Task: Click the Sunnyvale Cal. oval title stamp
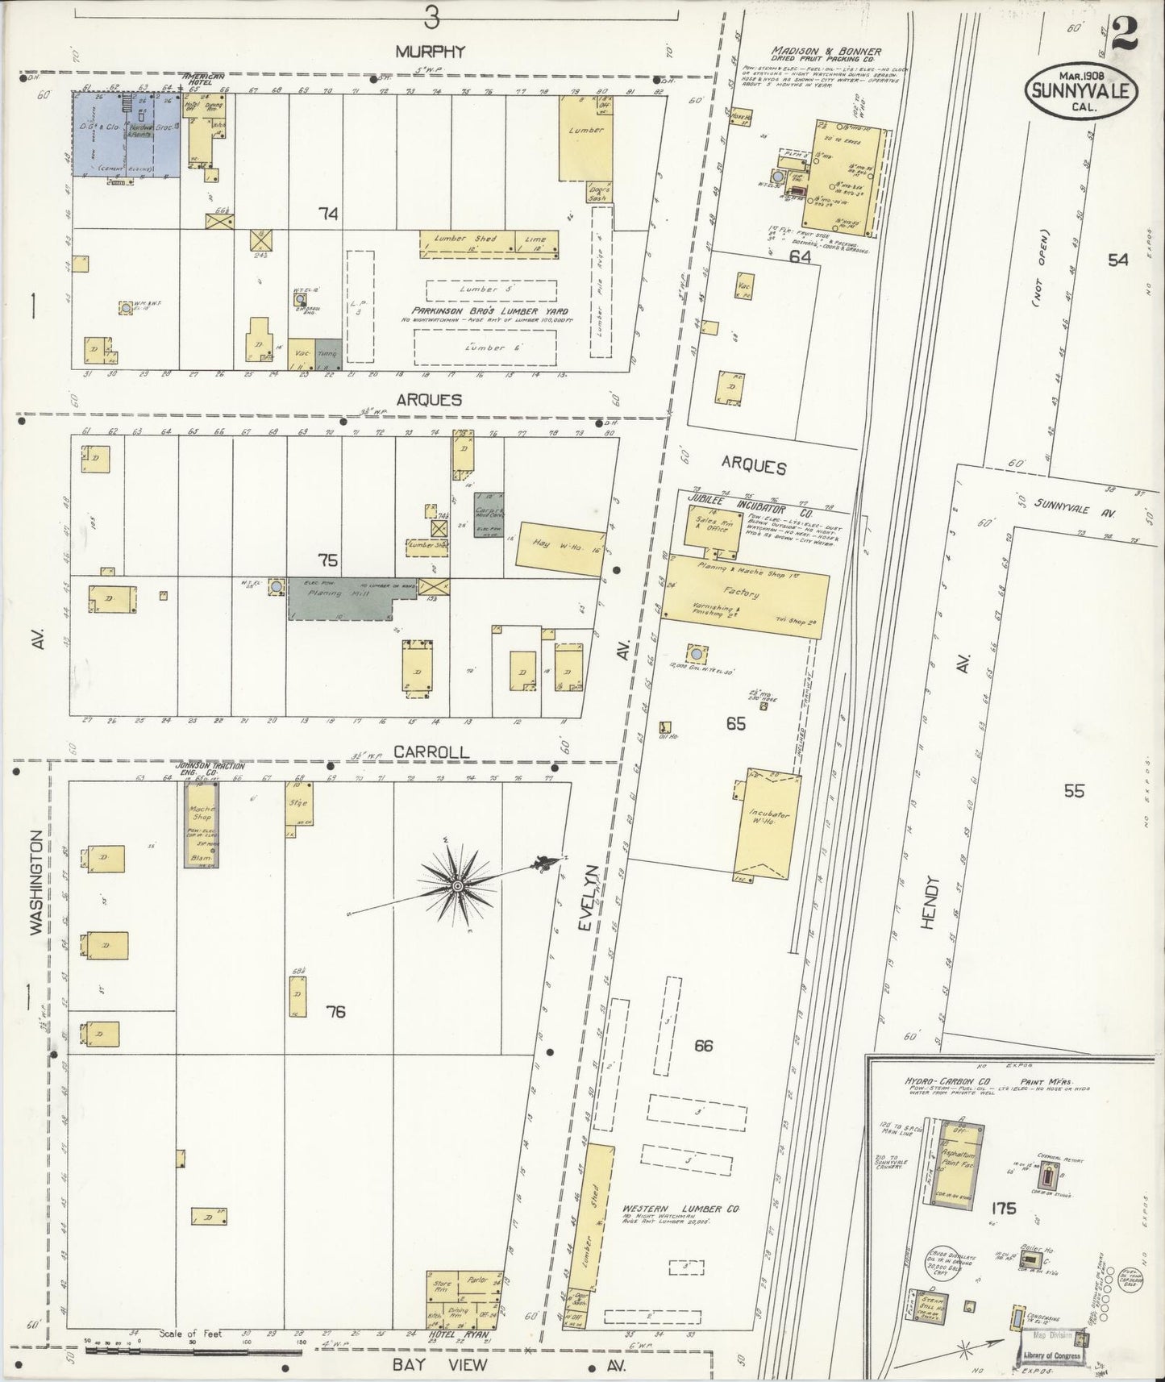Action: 1080,89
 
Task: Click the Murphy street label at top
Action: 430,51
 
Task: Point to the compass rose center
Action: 458,886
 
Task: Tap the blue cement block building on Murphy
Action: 127,133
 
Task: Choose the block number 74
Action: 327,214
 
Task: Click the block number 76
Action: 335,1011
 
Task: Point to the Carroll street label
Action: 431,751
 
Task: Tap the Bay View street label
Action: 440,1364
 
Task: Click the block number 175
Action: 1005,1209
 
